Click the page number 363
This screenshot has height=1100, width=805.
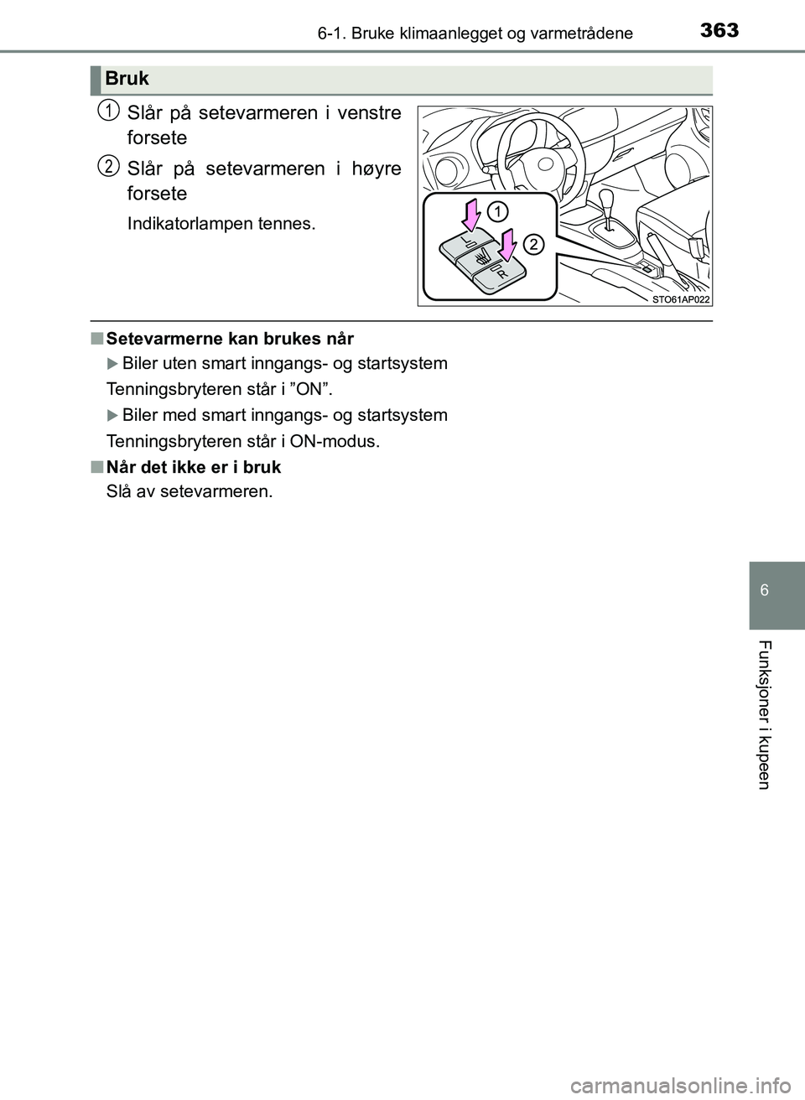pyautogui.click(x=719, y=30)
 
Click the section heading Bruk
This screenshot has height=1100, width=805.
pyautogui.click(x=127, y=79)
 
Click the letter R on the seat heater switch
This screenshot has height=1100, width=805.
pyautogui.click(x=501, y=273)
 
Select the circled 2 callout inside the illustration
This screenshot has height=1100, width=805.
pyautogui.click(x=533, y=244)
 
